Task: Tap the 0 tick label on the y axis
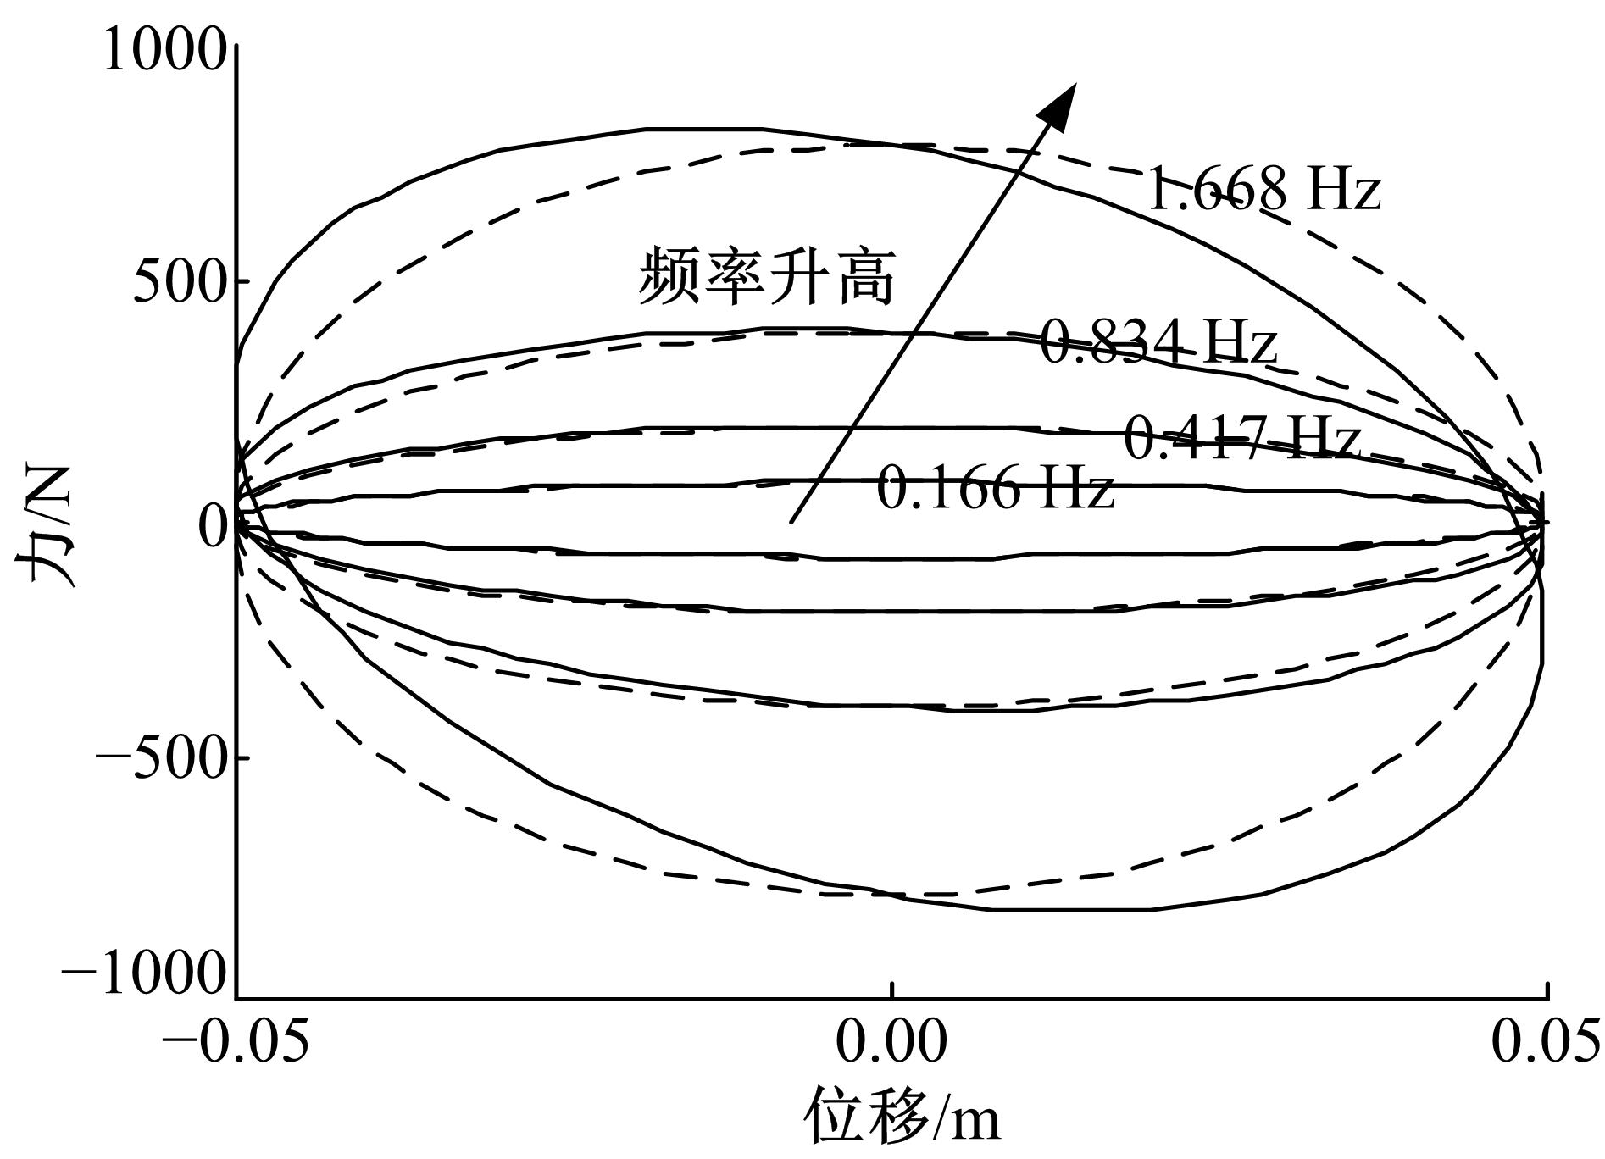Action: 212,526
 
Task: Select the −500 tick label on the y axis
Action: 161,757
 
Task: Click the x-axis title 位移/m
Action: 901,1117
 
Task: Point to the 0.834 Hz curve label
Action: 1158,341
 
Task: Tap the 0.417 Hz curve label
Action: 1241,436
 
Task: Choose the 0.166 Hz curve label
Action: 995,487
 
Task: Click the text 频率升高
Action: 767,275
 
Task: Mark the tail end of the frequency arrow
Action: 791,523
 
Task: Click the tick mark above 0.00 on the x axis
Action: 891,990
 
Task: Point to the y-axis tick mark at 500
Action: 243,281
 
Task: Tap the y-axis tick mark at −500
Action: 243,757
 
